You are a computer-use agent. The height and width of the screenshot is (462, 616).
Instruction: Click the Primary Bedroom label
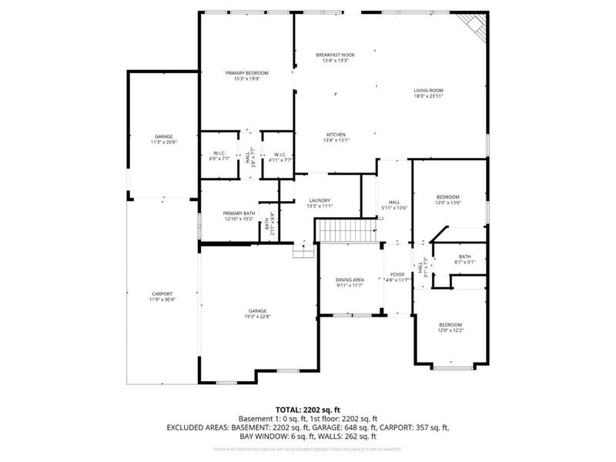pos(247,72)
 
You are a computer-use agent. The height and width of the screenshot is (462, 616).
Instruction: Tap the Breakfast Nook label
pos(333,55)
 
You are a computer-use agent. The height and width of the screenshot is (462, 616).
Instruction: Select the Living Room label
pos(429,90)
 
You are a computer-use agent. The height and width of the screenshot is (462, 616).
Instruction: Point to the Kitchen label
pos(336,134)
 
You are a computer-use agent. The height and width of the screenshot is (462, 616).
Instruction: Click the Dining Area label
pos(349,280)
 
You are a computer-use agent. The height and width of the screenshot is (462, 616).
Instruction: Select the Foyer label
pos(397,274)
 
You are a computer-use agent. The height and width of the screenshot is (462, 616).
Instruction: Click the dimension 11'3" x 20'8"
pos(162,142)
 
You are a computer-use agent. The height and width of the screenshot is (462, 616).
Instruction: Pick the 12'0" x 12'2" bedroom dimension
pos(450,330)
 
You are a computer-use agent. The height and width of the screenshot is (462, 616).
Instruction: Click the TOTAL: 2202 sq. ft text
pos(307,409)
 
